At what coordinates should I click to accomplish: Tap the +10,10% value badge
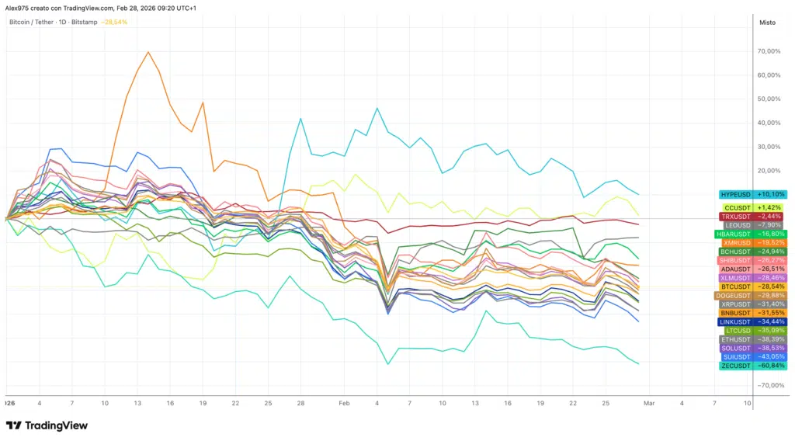tap(771, 194)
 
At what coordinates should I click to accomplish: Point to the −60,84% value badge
tap(771, 365)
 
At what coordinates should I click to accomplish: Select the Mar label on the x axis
tap(649, 404)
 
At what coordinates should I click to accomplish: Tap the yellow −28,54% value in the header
tap(115, 22)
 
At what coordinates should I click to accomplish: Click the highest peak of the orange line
tap(148, 52)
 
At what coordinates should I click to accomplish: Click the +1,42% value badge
tap(771, 207)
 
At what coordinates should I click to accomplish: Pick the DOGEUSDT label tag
tap(734, 295)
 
